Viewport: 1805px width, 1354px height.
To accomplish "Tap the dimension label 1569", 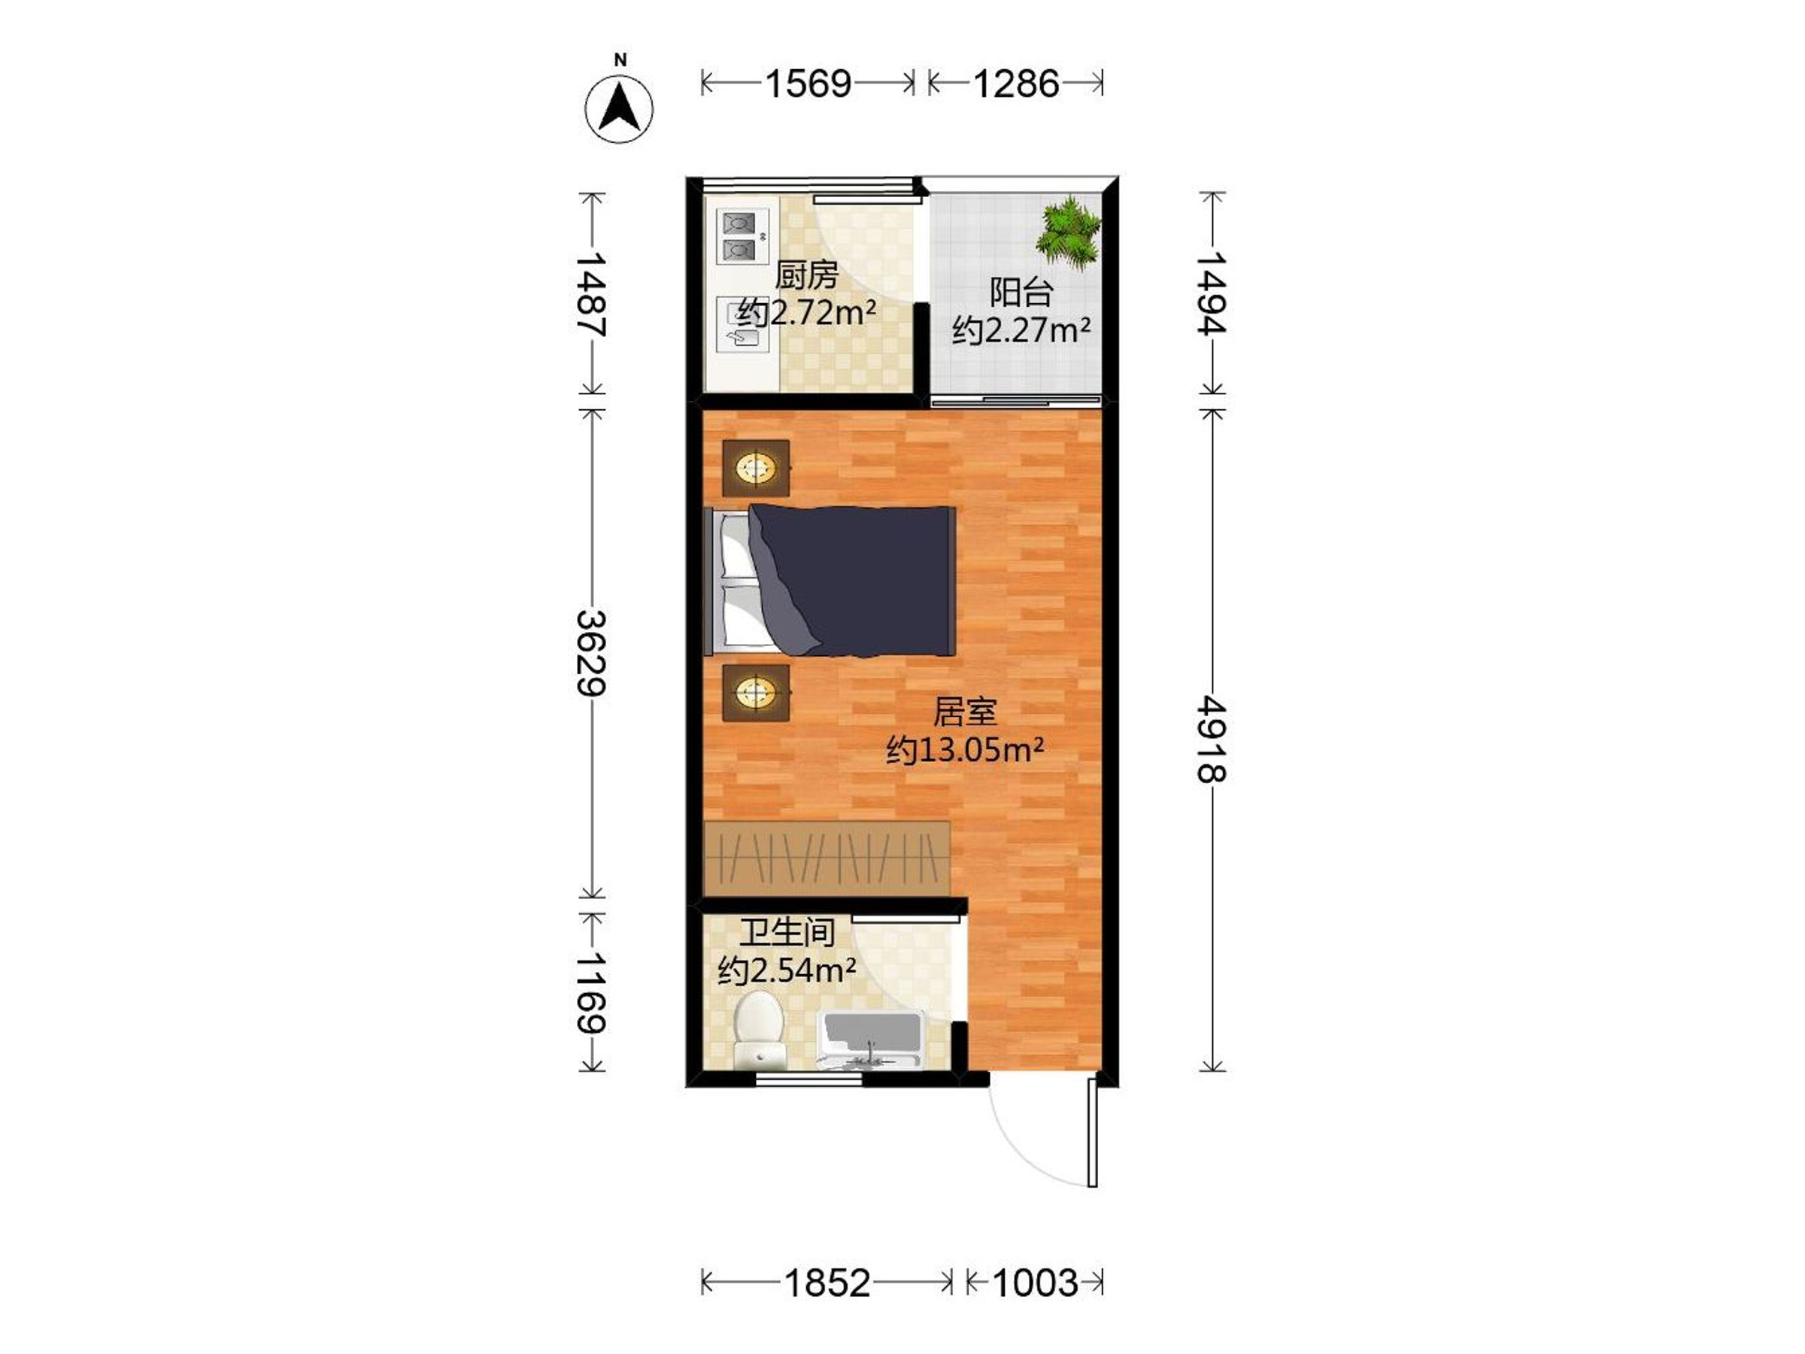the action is (x=808, y=83).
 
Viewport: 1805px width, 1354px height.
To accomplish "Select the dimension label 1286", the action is (x=1016, y=83).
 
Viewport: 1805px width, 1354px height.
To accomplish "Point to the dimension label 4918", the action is (x=1212, y=739).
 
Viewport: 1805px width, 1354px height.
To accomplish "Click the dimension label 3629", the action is (x=592, y=653).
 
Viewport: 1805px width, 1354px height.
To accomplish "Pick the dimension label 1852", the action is (x=827, y=1284).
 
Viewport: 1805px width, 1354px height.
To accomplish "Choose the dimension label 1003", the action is (x=1036, y=1284).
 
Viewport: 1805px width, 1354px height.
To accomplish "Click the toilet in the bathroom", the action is (x=759, y=1029).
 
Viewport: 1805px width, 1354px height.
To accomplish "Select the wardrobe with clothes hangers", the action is (x=827, y=858).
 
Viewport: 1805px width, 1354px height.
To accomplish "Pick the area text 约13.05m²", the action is (x=966, y=748).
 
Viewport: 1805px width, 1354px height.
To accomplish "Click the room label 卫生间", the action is (x=787, y=932).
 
